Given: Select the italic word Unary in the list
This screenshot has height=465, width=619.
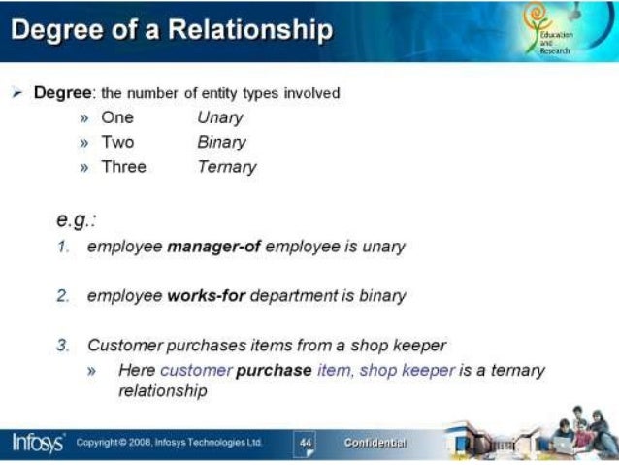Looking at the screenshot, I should (x=219, y=118).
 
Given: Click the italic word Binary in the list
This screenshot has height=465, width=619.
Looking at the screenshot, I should (x=221, y=143).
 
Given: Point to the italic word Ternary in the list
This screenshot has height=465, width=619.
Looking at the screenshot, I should (x=226, y=167).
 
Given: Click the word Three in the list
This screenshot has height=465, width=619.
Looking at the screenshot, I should (x=123, y=167).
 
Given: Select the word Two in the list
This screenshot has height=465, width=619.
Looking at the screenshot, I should (x=117, y=143).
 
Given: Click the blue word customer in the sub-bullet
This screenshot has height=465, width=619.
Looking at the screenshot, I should (x=196, y=370).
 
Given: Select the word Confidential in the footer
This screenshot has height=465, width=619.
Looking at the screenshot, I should (x=375, y=443).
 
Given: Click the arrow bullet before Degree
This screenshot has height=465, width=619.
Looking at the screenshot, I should (x=16, y=93).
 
